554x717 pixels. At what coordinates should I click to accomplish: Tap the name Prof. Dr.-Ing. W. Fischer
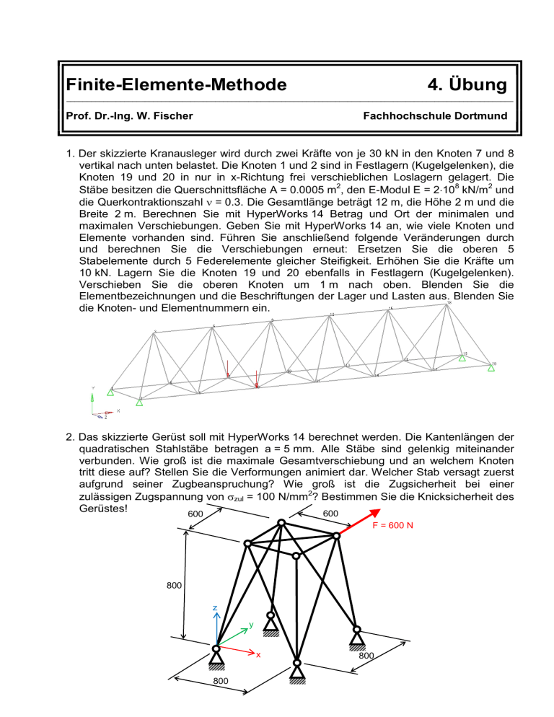click(x=127, y=115)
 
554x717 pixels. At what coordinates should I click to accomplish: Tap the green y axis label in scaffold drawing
click(x=251, y=625)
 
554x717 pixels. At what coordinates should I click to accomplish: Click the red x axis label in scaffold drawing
click(x=258, y=656)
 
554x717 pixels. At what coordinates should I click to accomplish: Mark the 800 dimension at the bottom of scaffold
click(x=221, y=700)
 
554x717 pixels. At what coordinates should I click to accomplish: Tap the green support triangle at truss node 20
click(x=491, y=369)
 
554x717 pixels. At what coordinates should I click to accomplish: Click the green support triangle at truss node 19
click(x=463, y=358)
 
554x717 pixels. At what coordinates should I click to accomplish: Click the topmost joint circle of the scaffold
click(x=281, y=523)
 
